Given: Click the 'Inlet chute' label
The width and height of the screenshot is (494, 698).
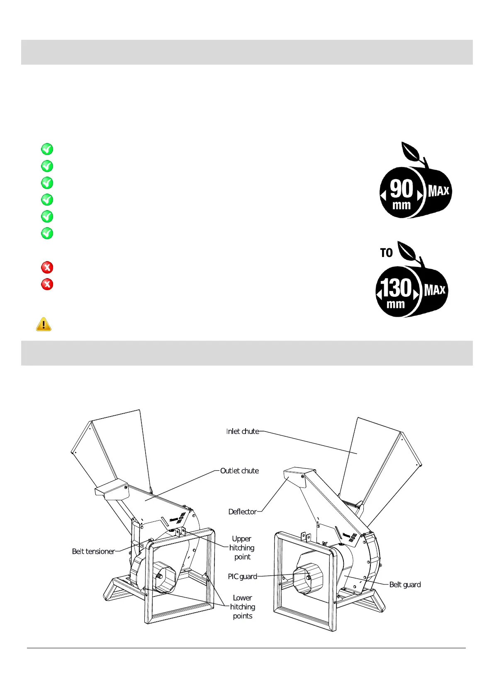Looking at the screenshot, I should (243, 431).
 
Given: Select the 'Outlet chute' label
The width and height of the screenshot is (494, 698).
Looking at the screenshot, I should (239, 471).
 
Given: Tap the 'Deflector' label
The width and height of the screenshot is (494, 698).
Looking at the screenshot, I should (243, 512).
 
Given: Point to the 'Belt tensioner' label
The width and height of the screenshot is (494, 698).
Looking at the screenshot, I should (93, 551).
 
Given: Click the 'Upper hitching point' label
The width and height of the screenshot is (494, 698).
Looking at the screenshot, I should (242, 548).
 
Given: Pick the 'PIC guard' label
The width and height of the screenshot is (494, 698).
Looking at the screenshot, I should (243, 577).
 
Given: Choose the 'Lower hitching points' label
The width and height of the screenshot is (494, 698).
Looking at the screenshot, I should (243, 607).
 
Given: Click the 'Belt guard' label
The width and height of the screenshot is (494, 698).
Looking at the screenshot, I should (405, 585).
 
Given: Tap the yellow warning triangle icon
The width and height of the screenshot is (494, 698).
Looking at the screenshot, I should (44, 324).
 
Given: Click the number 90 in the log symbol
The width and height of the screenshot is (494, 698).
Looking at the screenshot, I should (402, 189).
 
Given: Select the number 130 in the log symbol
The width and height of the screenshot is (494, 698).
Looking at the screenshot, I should (397, 288).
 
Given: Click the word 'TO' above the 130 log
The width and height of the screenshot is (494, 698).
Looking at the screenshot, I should (386, 253).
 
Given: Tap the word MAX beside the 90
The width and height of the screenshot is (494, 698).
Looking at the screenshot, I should (438, 191).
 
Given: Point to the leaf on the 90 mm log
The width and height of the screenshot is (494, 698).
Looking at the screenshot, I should (411, 152).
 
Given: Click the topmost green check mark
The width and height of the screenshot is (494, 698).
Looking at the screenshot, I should (47, 149).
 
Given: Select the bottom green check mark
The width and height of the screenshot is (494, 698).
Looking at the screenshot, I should (47, 233).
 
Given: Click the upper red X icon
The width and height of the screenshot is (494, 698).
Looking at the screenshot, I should (47, 267).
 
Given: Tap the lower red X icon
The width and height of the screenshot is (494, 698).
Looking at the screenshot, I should (47, 284).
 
